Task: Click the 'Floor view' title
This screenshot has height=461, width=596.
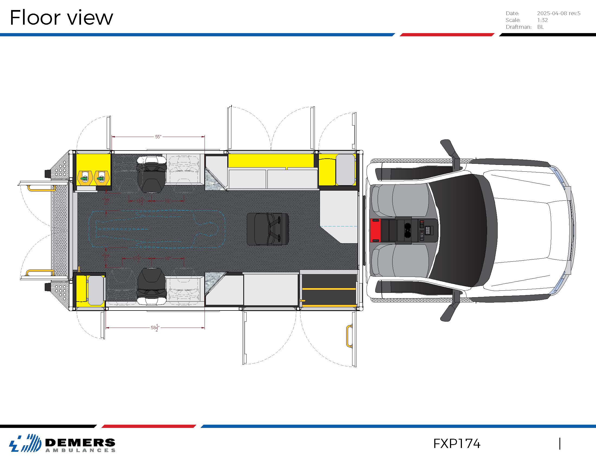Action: coord(61,17)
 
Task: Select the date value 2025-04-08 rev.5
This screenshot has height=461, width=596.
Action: coord(558,13)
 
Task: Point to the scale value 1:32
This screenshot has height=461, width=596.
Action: coord(542,20)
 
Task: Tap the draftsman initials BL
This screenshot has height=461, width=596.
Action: coord(540,27)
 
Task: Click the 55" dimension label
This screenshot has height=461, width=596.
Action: coord(158,137)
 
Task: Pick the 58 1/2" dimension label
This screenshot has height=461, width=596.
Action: coord(155,328)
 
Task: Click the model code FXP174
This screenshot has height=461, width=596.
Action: coord(456,444)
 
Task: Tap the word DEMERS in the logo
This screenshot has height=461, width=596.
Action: coord(80,443)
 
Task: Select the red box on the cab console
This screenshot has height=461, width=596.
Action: coord(375,230)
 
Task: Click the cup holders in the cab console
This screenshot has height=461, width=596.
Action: coord(408,230)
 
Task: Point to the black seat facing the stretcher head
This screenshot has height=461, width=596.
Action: coord(267,229)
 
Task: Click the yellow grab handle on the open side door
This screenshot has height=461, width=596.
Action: coord(349,336)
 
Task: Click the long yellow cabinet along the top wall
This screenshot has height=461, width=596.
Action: coord(271,160)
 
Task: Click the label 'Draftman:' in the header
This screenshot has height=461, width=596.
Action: coord(519,27)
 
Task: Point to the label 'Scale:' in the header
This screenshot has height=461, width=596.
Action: coord(513,20)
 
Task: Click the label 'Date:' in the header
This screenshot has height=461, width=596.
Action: coord(512,13)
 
